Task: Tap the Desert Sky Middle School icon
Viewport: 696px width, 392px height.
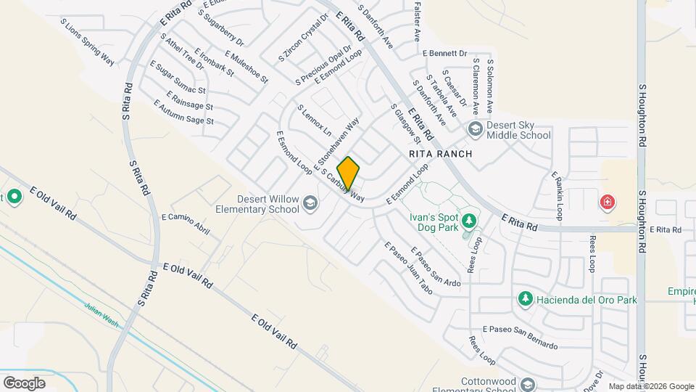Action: point(476,130)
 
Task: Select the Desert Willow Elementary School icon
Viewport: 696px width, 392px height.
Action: point(311,203)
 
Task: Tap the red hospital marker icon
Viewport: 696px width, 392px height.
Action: point(607,202)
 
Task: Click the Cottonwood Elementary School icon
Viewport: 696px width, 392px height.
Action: point(529,385)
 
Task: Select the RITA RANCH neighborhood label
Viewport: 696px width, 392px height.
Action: point(440,154)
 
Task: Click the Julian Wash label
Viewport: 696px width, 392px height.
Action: point(101,314)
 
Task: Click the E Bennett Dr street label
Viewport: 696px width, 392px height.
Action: point(445,53)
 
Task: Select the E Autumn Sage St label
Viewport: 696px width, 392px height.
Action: point(183,115)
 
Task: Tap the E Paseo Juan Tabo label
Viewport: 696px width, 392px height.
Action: point(408,267)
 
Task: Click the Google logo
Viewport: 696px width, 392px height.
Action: point(24,383)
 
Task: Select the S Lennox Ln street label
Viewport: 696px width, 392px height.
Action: point(314,121)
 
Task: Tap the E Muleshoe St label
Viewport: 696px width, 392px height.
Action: point(246,66)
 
